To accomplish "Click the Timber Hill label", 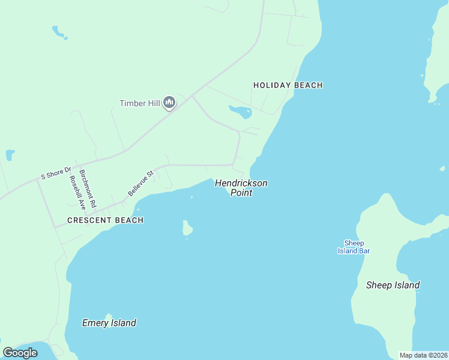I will (140, 103).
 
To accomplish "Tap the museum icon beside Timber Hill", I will (169, 103).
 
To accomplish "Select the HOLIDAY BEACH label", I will (288, 85).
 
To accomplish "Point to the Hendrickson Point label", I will (241, 188).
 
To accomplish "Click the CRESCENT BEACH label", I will (105, 220).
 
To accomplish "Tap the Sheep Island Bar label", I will (354, 247).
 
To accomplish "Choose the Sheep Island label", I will (393, 285).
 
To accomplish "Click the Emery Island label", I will (109, 323).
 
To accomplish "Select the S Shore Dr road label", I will (56, 173).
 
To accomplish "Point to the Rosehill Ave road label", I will (74, 192).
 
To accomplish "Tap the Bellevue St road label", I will (141, 183).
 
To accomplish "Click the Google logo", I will (20, 353).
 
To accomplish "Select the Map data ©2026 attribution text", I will (424, 355).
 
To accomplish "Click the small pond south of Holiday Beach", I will (240, 112).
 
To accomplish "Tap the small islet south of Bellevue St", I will (188, 228).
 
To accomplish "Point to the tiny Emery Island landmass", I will (109, 316).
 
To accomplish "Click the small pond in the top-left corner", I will (59, 31).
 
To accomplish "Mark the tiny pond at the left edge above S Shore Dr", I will (10, 155).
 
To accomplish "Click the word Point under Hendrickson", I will (241, 193).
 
